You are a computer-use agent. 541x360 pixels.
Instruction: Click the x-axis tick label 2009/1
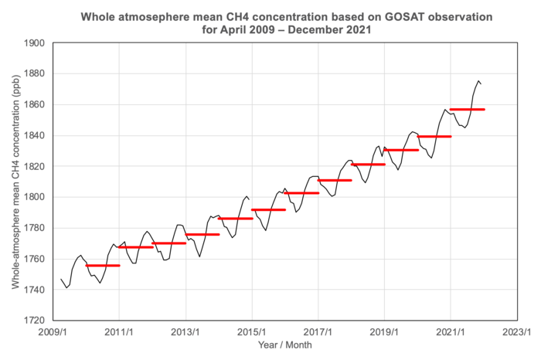click(52, 332)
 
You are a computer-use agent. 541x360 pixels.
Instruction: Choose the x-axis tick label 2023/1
click(516, 332)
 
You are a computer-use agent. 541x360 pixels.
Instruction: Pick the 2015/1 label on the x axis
click(251, 332)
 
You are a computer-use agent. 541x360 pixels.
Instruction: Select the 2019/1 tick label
click(384, 332)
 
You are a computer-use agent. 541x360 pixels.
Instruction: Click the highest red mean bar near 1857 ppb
click(467, 110)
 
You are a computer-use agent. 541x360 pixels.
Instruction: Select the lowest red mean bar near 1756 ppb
click(102, 265)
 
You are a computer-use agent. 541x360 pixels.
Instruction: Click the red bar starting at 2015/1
click(268, 209)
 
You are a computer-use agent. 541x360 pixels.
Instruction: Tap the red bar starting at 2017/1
click(335, 180)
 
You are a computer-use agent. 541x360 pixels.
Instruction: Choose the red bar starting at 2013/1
click(202, 234)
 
